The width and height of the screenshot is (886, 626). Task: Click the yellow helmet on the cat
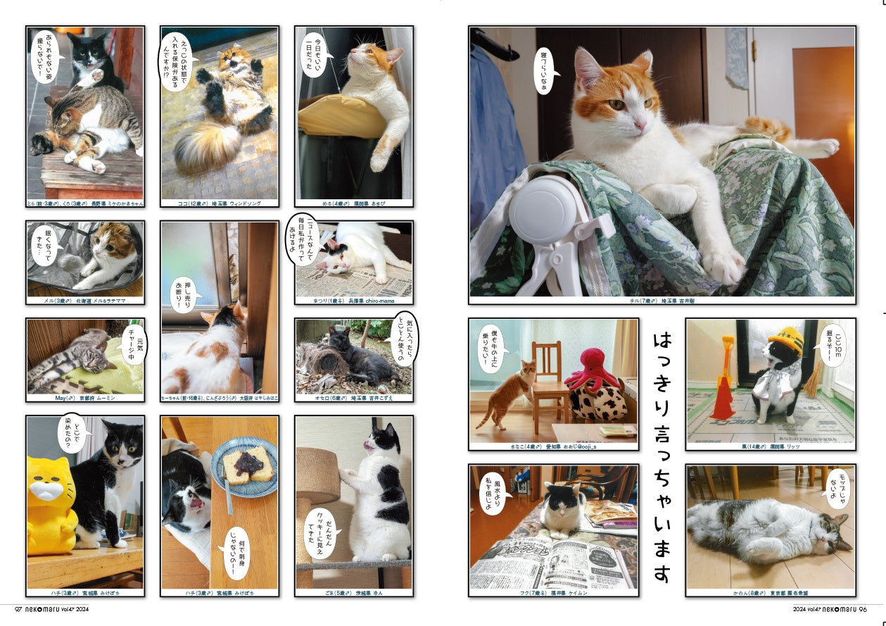(x=786, y=339)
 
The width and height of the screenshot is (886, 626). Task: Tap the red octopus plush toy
(x=593, y=373)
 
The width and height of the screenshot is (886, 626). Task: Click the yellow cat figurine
(x=51, y=503)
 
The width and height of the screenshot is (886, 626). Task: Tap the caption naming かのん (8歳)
(x=771, y=593)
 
